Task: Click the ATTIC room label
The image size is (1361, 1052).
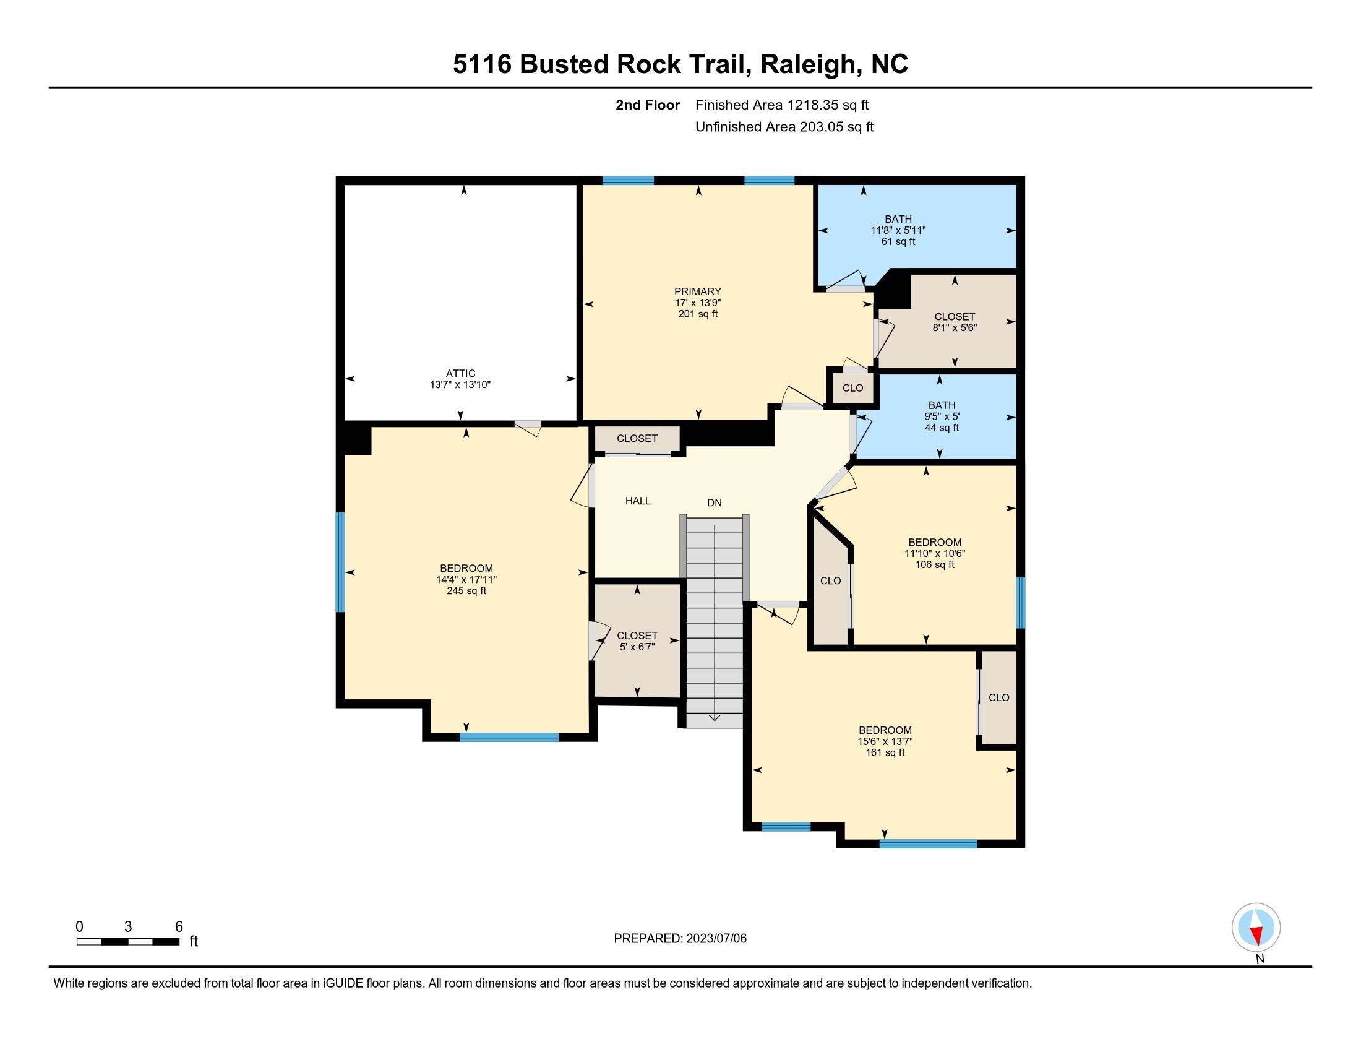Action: (x=460, y=373)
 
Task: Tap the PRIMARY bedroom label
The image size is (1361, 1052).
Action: (x=697, y=291)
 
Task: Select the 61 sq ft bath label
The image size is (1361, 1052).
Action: (x=898, y=230)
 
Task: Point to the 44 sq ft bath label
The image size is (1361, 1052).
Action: (x=941, y=416)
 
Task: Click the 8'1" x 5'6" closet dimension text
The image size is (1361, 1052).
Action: (x=954, y=328)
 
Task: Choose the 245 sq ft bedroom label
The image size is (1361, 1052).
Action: (x=466, y=579)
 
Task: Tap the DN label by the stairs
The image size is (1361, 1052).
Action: (x=714, y=502)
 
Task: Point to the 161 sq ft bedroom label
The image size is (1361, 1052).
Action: (x=885, y=741)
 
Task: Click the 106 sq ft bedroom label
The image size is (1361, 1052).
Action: (x=934, y=553)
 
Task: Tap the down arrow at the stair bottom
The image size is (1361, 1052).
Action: (x=714, y=716)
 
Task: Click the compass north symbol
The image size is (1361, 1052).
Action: (x=1256, y=928)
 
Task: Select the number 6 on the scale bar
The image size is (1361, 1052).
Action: (x=179, y=926)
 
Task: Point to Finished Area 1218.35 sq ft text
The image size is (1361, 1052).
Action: (x=781, y=105)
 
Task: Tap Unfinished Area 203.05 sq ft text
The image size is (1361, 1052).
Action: (x=784, y=127)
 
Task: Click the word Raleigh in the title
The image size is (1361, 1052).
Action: (x=807, y=64)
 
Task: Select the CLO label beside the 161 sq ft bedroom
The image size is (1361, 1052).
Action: (x=998, y=697)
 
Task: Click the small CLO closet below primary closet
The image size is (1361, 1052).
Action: (x=852, y=387)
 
